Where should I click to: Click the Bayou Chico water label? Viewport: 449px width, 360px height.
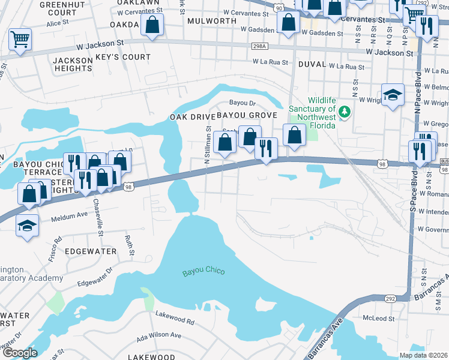(203, 272)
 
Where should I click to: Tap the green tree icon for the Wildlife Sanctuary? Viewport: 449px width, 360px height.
(344, 112)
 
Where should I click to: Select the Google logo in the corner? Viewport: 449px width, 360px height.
(20, 353)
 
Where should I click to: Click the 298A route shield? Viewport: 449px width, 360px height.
(259, 46)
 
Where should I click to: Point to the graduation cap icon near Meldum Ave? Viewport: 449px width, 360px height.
(28, 226)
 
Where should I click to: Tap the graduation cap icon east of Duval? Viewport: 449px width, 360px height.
(393, 95)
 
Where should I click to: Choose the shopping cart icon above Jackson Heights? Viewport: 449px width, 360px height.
(20, 40)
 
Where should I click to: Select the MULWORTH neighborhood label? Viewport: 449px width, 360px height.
(211, 20)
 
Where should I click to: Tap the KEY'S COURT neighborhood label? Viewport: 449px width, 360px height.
(128, 57)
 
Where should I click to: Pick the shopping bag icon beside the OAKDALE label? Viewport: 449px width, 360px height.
(152, 25)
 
